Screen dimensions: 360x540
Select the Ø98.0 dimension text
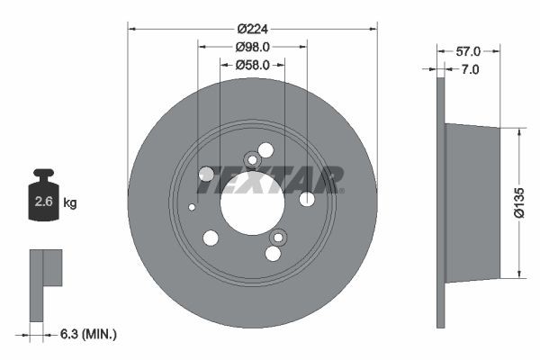(253, 47)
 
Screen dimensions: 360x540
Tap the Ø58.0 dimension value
(253, 65)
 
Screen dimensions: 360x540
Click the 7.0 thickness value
(469, 69)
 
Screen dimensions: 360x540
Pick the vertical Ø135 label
(519, 202)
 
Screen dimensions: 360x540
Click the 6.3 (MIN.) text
(86, 335)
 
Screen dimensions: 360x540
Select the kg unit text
(70, 203)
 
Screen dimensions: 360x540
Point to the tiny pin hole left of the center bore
(192, 207)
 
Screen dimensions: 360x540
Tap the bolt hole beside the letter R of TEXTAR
(307, 199)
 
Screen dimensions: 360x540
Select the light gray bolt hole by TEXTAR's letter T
(205, 174)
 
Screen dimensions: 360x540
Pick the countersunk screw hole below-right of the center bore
(278, 238)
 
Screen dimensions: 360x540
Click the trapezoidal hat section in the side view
(472, 202)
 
